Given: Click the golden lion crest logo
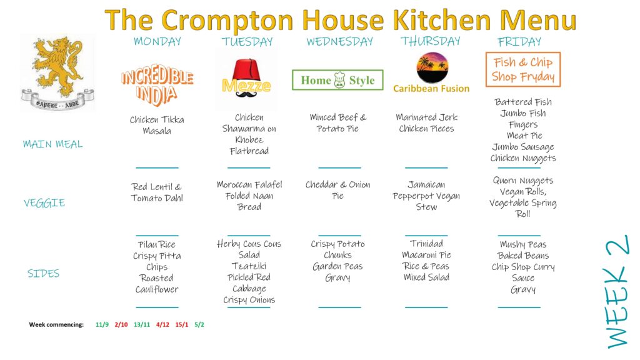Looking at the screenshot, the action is tap(57, 72).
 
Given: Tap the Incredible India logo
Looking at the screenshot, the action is tap(157, 85).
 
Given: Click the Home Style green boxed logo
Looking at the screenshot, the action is tap(337, 80).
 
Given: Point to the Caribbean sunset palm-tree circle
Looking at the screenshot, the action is tap(432, 67).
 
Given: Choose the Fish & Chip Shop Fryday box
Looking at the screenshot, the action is tap(523, 69).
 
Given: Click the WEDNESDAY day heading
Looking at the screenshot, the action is tap(339, 42).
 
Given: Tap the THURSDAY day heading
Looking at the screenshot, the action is tap(430, 41).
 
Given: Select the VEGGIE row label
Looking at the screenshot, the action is tap(44, 203).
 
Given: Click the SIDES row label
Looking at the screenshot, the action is tap(43, 273).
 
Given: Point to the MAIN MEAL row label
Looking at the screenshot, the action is tap(52, 144).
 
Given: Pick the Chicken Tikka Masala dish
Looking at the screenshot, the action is tap(157, 125).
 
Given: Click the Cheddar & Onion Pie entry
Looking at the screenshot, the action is tap(338, 190).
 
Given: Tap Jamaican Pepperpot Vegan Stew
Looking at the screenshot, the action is tap(426, 196).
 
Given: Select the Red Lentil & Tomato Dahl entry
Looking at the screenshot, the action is tap(157, 192).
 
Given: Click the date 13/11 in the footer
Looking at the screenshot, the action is tap(142, 325).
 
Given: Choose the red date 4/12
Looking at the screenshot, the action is tap(162, 325).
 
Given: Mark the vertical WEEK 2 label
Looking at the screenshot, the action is tap(617, 292).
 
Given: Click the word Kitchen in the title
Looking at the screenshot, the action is tap(441, 20).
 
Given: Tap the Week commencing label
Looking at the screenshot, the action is tap(56, 325).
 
